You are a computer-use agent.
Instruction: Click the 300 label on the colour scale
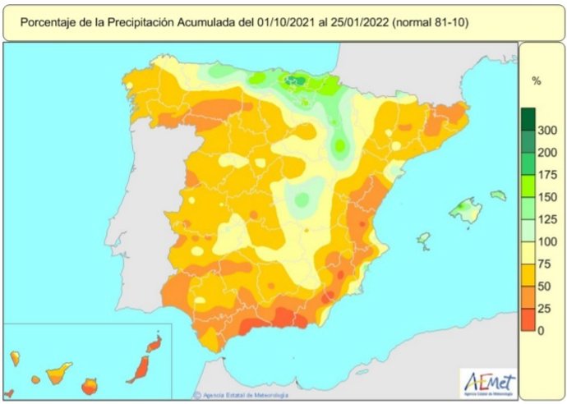[x=546, y=130]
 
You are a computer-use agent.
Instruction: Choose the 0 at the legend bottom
[x=540, y=330]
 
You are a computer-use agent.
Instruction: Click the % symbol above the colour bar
[x=537, y=80]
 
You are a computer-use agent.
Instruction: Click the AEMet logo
[x=490, y=382]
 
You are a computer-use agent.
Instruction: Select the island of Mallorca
[x=464, y=210]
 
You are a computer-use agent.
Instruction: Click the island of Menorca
[x=498, y=195]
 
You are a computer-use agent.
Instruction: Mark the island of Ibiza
[x=423, y=240]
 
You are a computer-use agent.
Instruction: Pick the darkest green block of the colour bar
[x=527, y=117]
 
